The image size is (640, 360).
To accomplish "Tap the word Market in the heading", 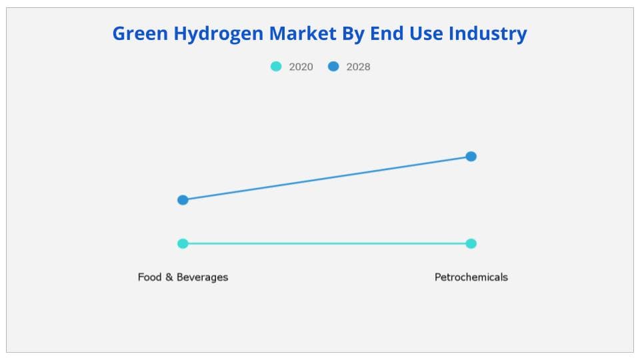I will (x=307, y=33).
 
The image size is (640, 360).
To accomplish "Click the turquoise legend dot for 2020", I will (x=276, y=67).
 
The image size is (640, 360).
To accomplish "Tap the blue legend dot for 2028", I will (x=333, y=67).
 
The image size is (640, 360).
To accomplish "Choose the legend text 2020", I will (x=301, y=67).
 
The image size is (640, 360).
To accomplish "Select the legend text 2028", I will (x=358, y=67).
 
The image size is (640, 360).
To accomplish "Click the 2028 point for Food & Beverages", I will (x=183, y=200).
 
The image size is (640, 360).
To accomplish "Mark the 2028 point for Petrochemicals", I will (x=471, y=157).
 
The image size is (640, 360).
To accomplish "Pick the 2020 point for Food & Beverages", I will (x=183, y=243).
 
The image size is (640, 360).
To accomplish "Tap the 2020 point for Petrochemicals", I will (x=471, y=243).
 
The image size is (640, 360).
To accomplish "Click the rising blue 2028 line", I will (x=327, y=178).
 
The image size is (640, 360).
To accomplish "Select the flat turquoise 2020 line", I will (x=327, y=243).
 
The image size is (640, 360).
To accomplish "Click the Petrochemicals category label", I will (x=471, y=277).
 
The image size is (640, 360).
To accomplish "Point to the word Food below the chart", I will (x=149, y=277).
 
